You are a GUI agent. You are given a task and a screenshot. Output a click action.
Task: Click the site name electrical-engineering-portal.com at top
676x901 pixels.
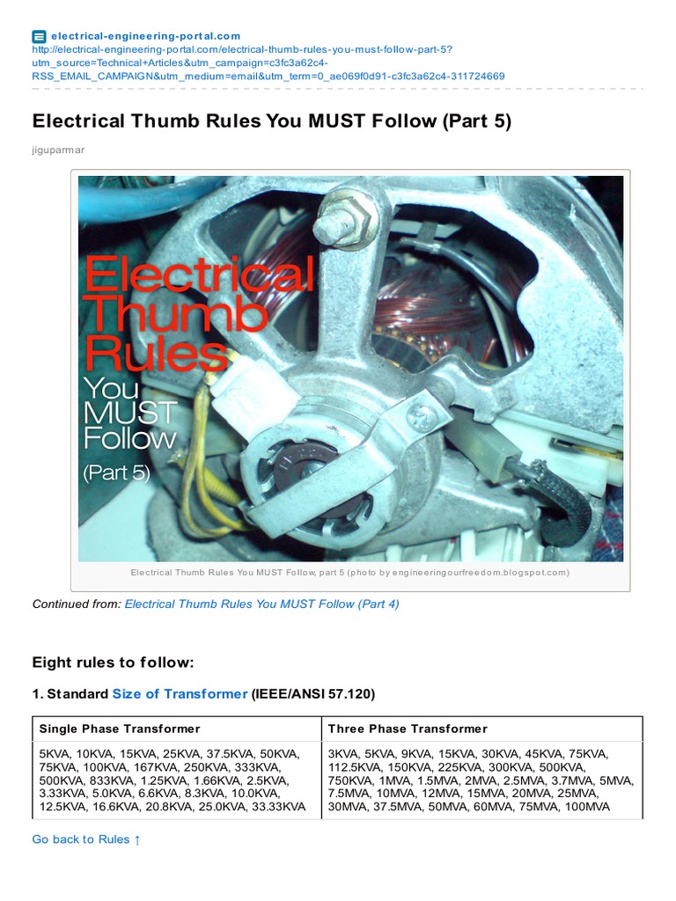pos(145,36)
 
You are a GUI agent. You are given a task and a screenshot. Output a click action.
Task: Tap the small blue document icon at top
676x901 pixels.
pos(39,37)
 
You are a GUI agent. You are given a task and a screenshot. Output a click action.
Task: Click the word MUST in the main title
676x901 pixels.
pos(336,121)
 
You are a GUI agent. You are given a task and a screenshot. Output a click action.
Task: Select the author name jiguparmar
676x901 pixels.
pos(58,150)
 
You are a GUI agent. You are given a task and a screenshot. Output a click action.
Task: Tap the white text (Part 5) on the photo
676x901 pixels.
pos(117,472)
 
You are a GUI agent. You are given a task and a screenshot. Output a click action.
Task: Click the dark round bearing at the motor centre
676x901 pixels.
pos(293,465)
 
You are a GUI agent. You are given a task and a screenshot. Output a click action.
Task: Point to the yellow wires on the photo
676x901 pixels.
pos(202,459)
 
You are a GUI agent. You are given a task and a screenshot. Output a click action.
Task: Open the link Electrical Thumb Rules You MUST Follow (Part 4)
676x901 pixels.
pos(261,604)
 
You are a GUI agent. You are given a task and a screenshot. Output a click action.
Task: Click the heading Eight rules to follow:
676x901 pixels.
pos(114,663)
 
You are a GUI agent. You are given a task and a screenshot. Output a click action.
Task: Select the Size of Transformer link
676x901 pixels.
pos(180,694)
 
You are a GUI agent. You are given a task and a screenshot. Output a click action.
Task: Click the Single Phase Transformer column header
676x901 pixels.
pos(120,729)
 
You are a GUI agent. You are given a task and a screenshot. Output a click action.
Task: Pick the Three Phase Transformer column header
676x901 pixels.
pos(408,729)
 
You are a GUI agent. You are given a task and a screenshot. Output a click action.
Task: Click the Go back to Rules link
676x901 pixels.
pos(86,839)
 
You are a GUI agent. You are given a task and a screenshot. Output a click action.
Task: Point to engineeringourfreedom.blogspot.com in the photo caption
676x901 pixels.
pos(480,572)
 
